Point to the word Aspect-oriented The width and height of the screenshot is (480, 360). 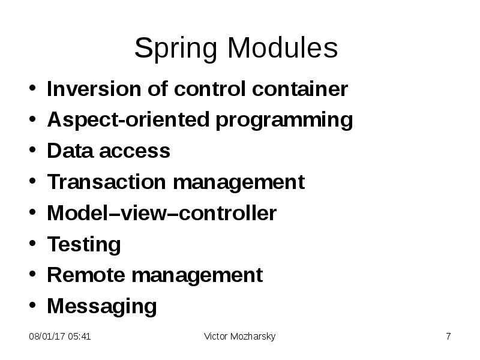(128, 120)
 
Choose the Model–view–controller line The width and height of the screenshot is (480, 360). (161, 213)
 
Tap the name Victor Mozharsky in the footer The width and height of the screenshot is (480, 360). (239, 337)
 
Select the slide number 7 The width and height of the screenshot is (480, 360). (448, 337)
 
